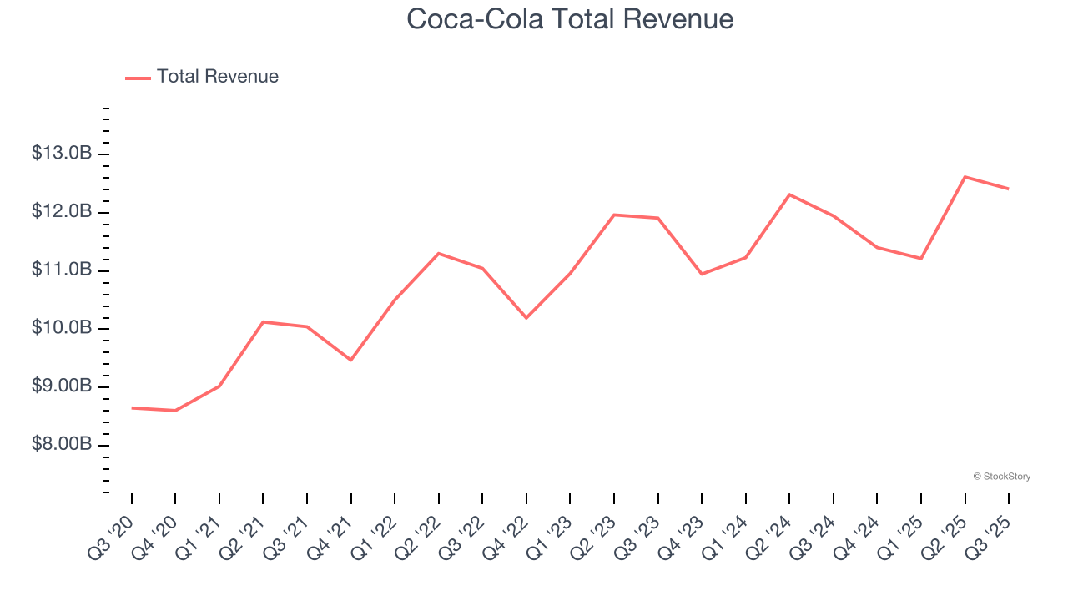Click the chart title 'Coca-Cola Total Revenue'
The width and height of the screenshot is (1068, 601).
tap(570, 18)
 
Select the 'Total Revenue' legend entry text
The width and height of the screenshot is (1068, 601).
tap(217, 77)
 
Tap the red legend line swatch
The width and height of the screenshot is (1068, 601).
tap(138, 78)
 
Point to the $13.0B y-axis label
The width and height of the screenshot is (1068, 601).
tap(61, 154)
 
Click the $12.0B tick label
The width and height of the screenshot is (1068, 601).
tap(61, 212)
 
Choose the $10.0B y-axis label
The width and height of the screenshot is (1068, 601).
tap(61, 328)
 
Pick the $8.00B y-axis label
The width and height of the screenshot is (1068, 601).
tap(61, 445)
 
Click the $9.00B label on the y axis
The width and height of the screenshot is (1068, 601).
tap(61, 386)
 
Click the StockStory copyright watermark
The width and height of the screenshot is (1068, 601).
tap(1001, 477)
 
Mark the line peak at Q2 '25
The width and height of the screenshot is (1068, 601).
tap(965, 177)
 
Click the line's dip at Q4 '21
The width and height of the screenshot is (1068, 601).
tap(350, 360)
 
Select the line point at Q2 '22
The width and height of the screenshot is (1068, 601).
tap(439, 253)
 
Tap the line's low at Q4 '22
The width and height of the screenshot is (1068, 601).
tap(526, 318)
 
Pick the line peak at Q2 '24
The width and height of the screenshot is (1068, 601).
tap(789, 194)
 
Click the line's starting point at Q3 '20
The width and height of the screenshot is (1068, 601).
tap(132, 408)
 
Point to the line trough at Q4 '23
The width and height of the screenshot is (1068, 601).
tap(702, 274)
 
